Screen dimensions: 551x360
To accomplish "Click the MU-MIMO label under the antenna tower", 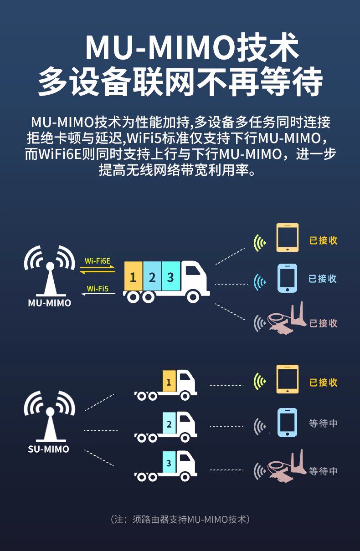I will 50,303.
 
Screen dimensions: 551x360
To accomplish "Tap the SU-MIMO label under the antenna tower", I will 49,449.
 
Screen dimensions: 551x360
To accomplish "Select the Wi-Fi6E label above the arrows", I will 98,261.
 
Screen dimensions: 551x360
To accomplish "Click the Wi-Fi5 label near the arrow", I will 98,288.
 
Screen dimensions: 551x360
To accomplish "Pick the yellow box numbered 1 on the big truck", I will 133,277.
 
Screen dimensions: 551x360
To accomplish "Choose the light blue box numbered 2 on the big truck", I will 152,277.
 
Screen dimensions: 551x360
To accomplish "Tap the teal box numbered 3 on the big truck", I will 170,277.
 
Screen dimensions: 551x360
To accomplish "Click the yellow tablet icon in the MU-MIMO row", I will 288,237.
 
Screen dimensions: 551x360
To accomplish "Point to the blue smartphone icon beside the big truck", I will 288,278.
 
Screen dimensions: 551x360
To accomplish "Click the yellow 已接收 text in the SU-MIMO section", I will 324,383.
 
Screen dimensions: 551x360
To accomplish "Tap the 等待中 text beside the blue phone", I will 324,423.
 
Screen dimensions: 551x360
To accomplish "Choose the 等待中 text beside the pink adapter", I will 324,471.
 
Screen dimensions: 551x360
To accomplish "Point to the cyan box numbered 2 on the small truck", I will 169,424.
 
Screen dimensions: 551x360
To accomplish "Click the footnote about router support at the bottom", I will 180,519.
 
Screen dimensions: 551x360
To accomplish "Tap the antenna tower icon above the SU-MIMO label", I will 49,415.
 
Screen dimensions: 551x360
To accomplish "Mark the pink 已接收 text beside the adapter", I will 324,323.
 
